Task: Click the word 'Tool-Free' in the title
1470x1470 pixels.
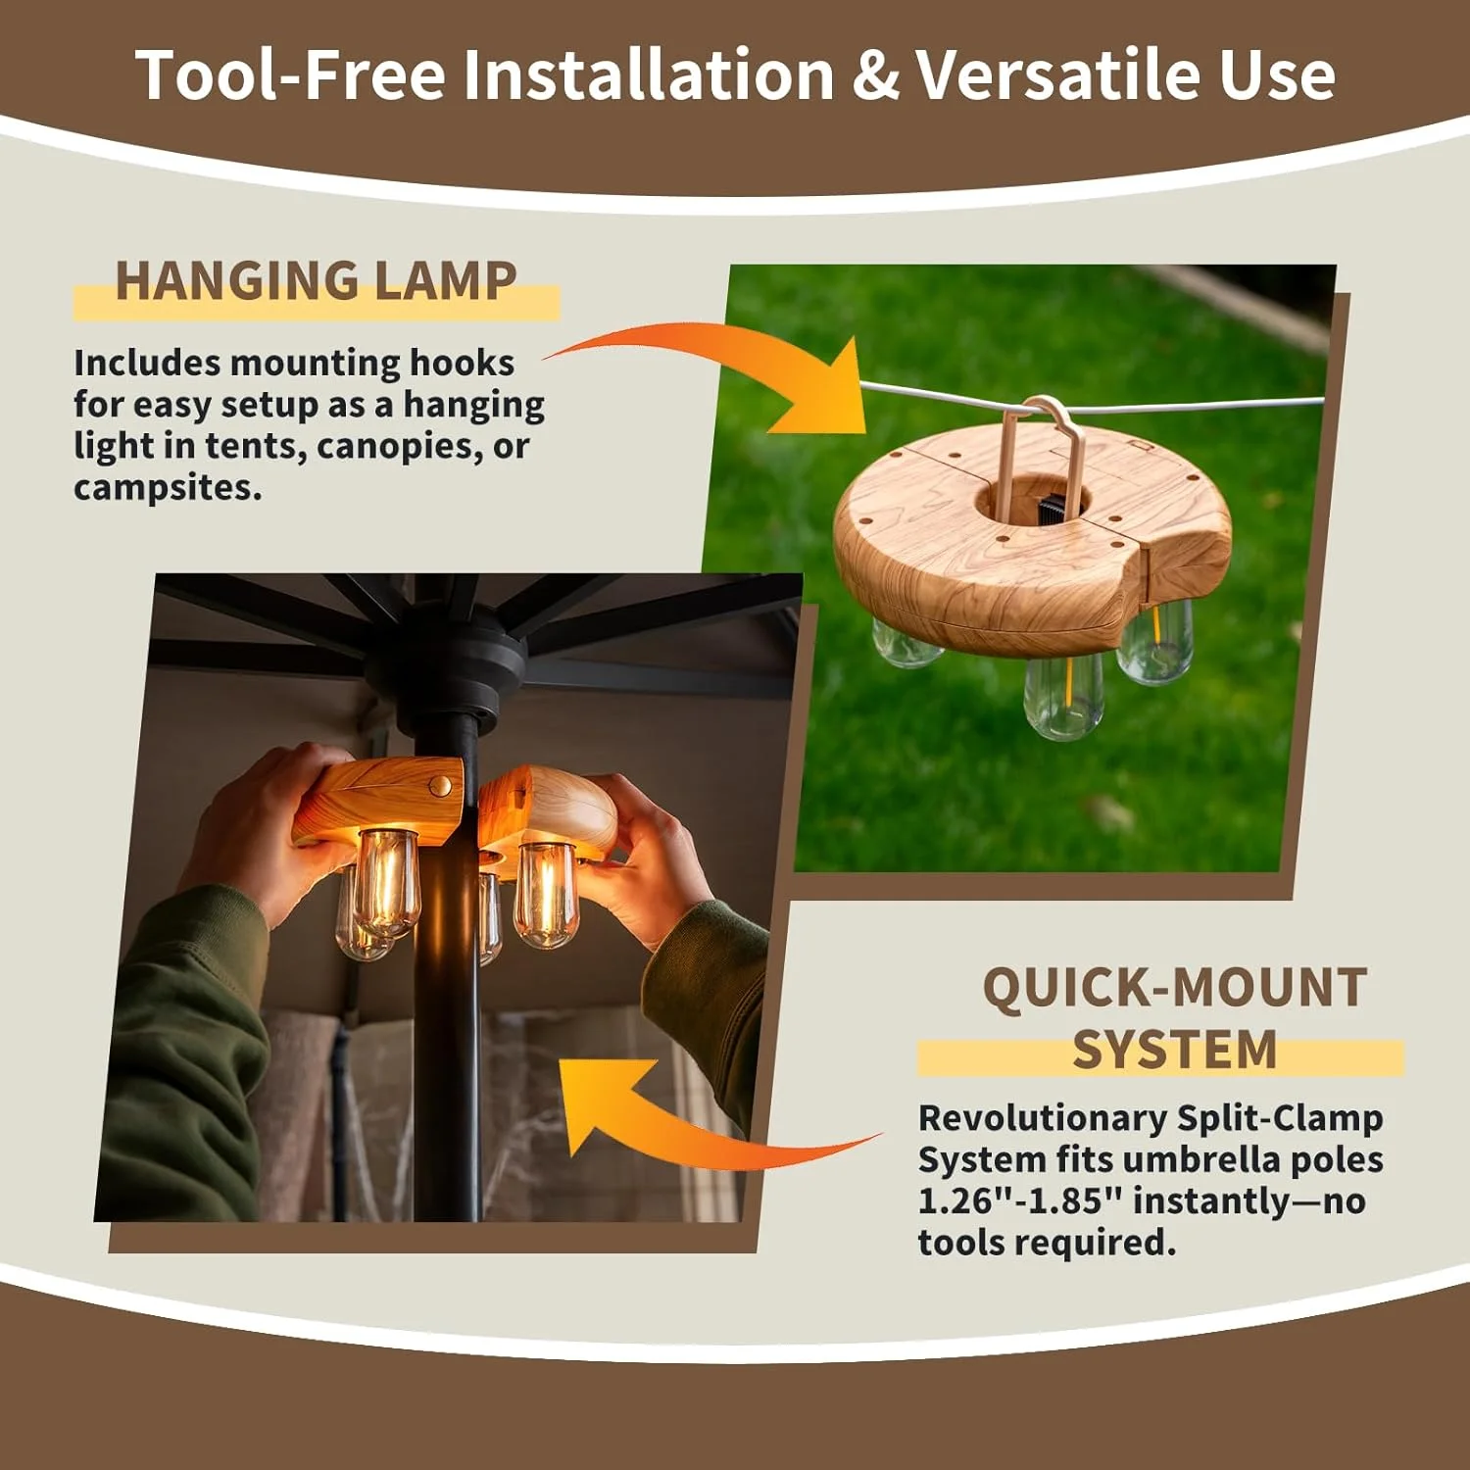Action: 291,74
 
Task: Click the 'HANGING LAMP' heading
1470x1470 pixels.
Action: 316,281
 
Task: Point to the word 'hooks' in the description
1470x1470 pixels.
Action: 462,363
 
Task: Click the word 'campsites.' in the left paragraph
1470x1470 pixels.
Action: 168,488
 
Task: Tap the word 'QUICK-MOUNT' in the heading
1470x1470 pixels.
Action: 1175,988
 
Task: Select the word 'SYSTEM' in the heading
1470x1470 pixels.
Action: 1175,1051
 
